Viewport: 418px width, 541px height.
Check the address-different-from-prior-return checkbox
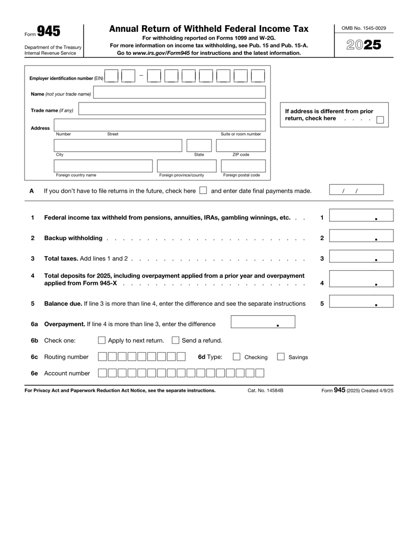[380, 119]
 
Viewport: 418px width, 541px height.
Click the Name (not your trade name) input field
[179, 94]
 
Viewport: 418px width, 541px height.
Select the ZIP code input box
[241, 145]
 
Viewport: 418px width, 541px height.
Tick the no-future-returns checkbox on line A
[203, 191]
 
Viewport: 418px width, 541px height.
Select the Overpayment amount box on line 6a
[263, 324]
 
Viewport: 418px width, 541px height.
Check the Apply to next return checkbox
[102, 341]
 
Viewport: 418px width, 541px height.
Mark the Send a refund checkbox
[176, 341]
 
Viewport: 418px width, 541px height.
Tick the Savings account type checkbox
[281, 357]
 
